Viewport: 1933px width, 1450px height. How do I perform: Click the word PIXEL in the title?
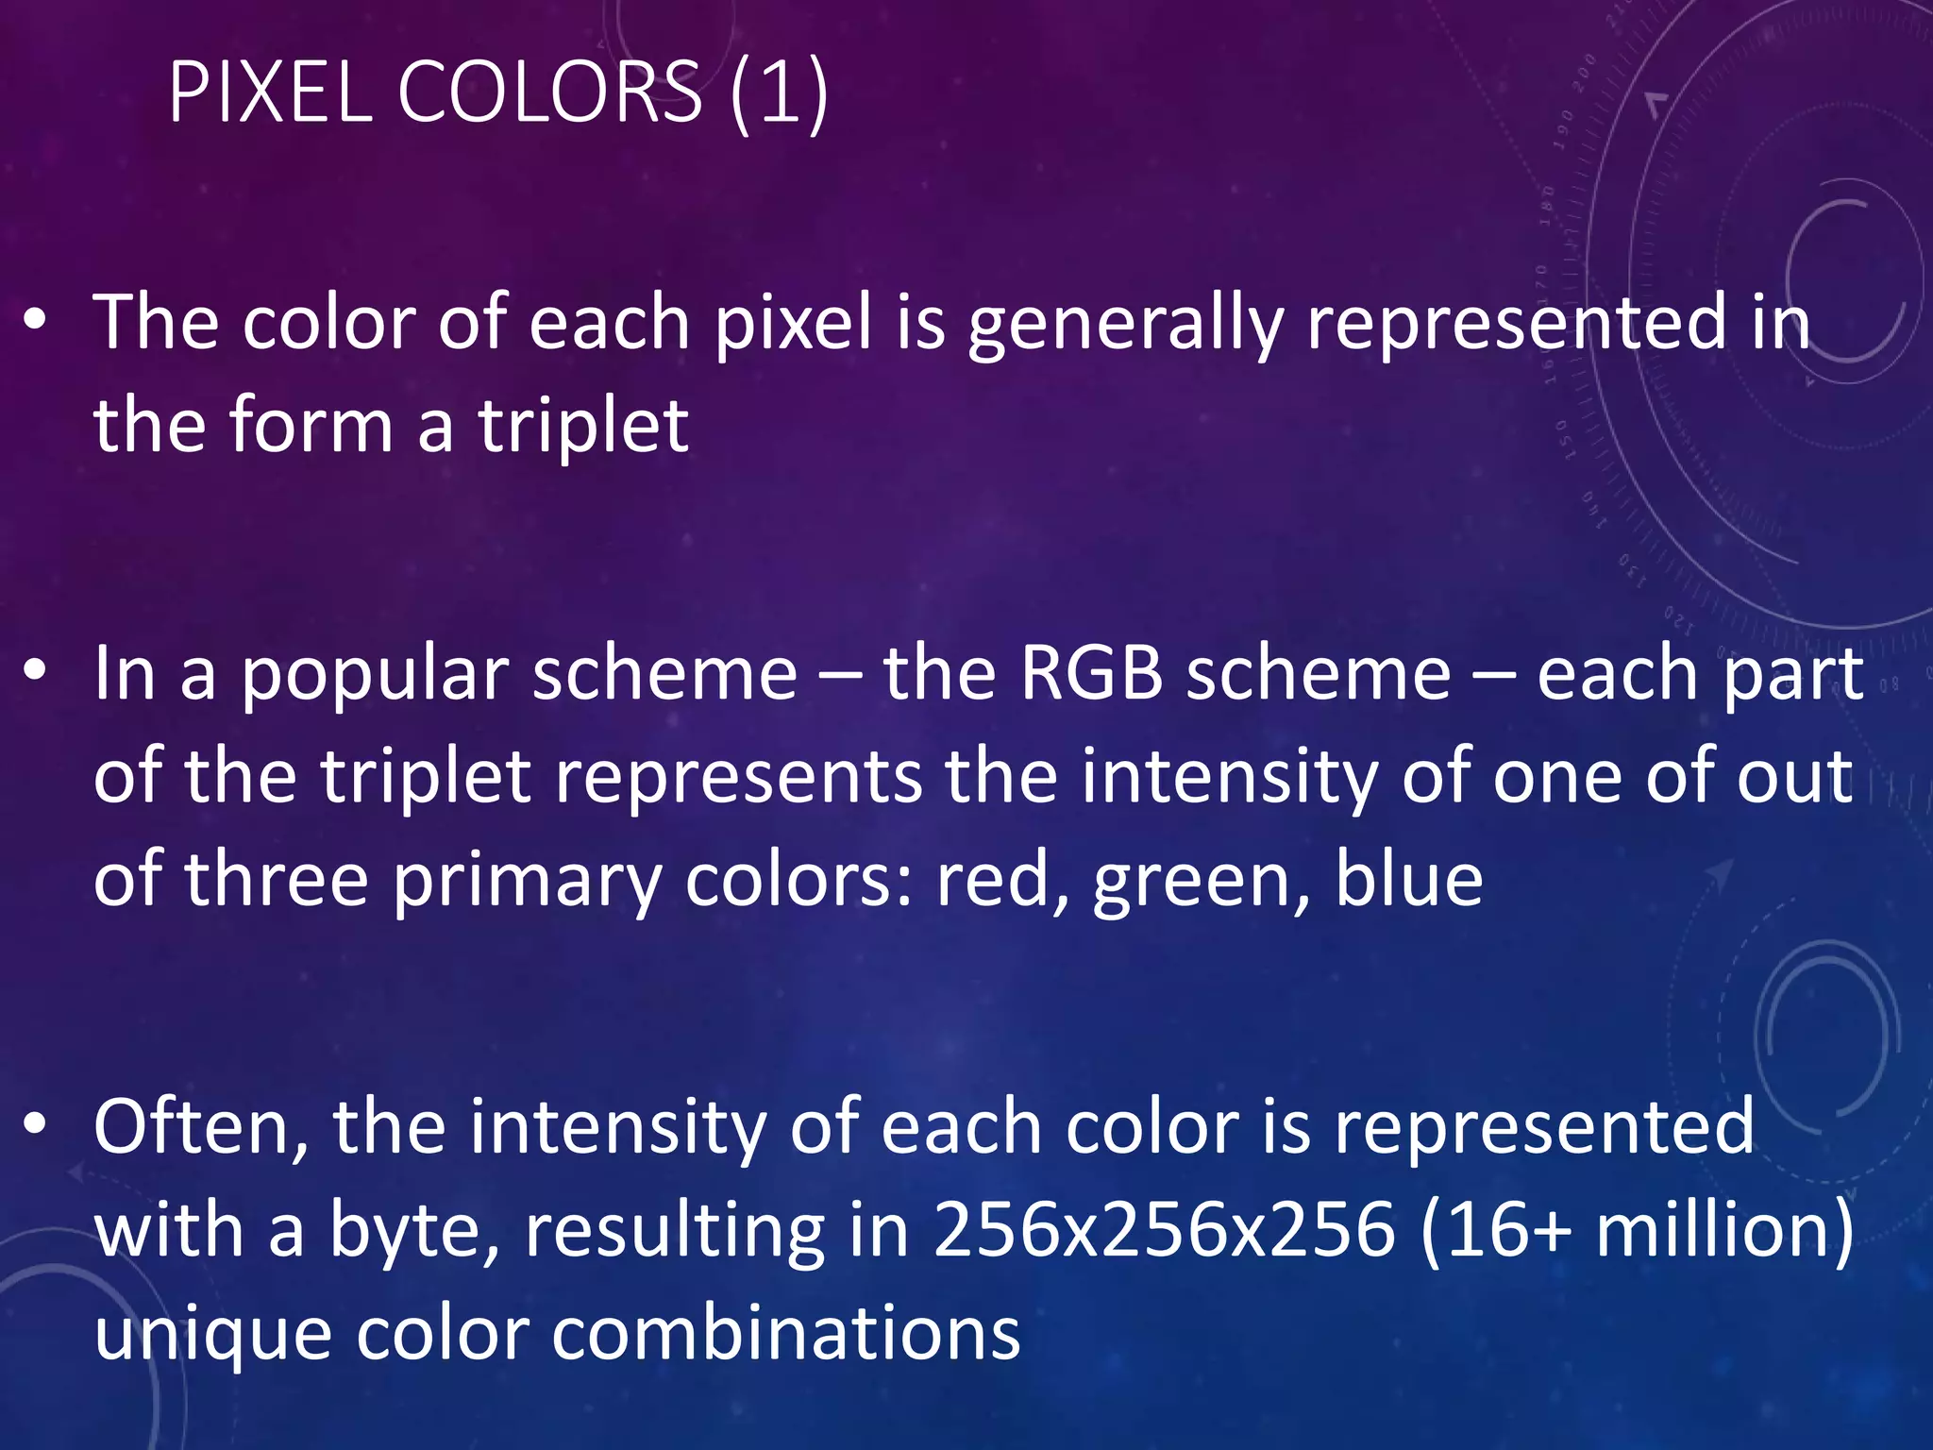click(270, 92)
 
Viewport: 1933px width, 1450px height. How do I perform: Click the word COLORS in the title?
click(550, 92)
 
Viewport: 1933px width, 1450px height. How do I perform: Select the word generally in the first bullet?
click(1125, 324)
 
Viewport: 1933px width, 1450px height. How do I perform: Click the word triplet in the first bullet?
click(583, 426)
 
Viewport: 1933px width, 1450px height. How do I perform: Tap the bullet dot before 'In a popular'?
click(35, 671)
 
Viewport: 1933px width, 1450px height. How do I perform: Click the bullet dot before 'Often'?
click(35, 1124)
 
